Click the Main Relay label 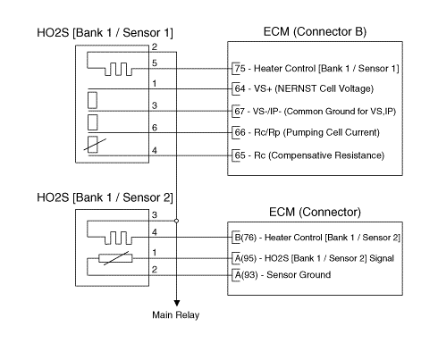175,314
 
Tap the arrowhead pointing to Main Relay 177,303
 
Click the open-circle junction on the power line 176,221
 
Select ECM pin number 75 240,69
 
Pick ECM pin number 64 240,88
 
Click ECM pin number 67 240,111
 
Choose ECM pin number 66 240,132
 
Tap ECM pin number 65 240,155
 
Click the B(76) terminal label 246,238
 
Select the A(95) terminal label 246,258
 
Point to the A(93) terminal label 246,274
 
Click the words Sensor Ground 299,274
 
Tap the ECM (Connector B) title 315,31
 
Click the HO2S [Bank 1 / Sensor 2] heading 105,197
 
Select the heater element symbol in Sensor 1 118,69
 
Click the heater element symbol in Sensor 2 118,238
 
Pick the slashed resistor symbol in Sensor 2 115,258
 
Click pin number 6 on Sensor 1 155,128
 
